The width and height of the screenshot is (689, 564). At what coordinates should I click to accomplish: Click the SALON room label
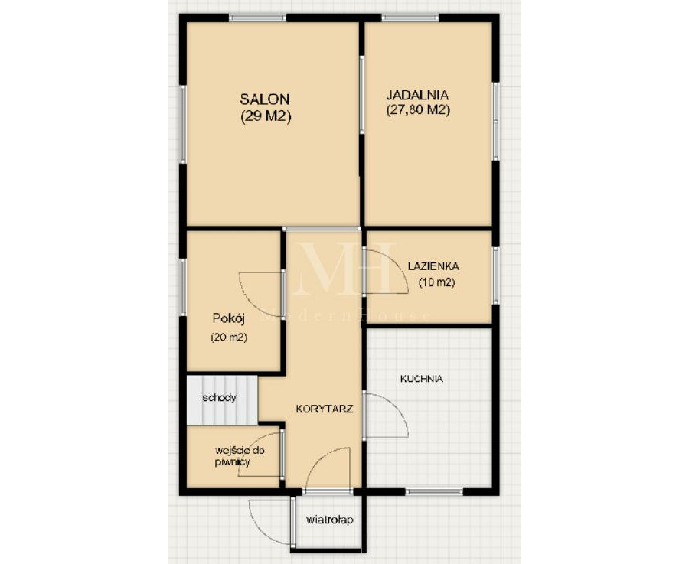(x=265, y=99)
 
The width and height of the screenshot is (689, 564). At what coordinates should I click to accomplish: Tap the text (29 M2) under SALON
(x=266, y=116)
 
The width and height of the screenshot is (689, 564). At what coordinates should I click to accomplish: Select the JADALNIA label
(x=417, y=94)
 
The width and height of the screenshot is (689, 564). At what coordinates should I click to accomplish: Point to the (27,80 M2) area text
(x=418, y=109)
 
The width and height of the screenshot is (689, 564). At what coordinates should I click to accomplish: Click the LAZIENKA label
(x=433, y=266)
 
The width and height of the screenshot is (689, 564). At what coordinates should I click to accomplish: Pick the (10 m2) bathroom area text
(x=436, y=282)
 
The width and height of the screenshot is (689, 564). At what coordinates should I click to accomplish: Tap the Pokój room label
(x=228, y=318)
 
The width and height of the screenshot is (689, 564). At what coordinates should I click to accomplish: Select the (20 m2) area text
(x=228, y=337)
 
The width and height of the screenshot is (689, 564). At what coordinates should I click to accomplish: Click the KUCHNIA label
(x=421, y=379)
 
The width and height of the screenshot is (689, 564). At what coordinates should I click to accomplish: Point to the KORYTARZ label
(x=325, y=409)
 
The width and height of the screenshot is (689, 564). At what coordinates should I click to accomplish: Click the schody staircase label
(x=219, y=398)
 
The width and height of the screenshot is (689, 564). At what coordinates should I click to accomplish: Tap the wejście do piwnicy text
(x=240, y=456)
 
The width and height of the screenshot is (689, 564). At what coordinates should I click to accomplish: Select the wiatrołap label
(x=329, y=520)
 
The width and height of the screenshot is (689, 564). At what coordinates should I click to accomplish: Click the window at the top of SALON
(x=257, y=18)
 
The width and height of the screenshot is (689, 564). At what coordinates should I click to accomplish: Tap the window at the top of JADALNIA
(x=410, y=18)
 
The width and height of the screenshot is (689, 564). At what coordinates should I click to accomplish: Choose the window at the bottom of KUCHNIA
(x=434, y=491)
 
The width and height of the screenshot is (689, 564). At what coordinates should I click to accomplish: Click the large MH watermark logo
(x=344, y=268)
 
